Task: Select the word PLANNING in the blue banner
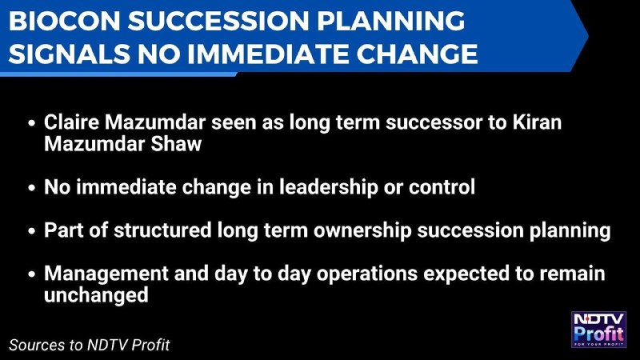pyautogui.click(x=390, y=21)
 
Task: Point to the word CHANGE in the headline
pyautogui.click(x=417, y=54)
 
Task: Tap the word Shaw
pyautogui.click(x=176, y=144)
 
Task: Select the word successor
pyautogui.click(x=434, y=123)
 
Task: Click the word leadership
pyautogui.click(x=329, y=187)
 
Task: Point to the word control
pyautogui.click(x=442, y=187)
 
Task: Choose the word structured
pyautogui.click(x=162, y=230)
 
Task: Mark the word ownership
pyautogui.click(x=362, y=231)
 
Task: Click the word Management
pyautogui.click(x=106, y=274)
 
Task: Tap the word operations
pyautogui.click(x=367, y=274)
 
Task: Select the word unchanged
pyautogui.click(x=96, y=294)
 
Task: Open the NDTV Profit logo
pyautogui.click(x=598, y=330)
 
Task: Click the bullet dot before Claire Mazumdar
pyautogui.click(x=32, y=123)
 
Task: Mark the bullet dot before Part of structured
pyautogui.click(x=32, y=231)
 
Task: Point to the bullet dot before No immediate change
pyautogui.click(x=32, y=188)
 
